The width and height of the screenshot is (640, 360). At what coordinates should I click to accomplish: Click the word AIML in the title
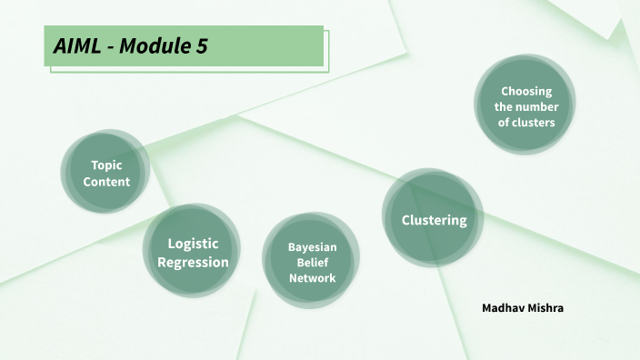point(75,46)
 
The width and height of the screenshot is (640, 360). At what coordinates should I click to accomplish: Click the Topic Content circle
point(105,173)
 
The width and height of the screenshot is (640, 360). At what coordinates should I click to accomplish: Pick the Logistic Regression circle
point(192,252)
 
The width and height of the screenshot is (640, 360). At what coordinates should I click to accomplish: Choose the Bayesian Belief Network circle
point(312,262)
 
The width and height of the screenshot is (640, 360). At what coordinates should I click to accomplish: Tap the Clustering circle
point(434,219)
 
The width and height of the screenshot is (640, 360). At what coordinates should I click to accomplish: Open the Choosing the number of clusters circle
point(525,105)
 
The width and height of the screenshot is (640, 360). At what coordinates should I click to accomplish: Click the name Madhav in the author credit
point(504,308)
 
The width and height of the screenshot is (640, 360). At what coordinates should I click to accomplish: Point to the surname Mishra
point(546,308)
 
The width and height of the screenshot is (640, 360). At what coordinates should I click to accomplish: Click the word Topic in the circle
point(106,165)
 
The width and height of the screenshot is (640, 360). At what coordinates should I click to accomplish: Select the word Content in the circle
point(106,181)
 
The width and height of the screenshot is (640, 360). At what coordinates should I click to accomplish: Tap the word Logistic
point(193,243)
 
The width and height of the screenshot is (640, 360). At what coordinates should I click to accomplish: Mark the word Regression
point(193,262)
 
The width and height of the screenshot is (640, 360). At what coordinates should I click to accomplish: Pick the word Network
point(313,277)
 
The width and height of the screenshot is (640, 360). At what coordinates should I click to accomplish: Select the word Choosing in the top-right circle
point(526,90)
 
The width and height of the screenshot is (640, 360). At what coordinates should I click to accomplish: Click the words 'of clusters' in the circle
point(526,122)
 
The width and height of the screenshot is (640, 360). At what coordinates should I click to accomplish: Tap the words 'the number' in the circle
point(526,106)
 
